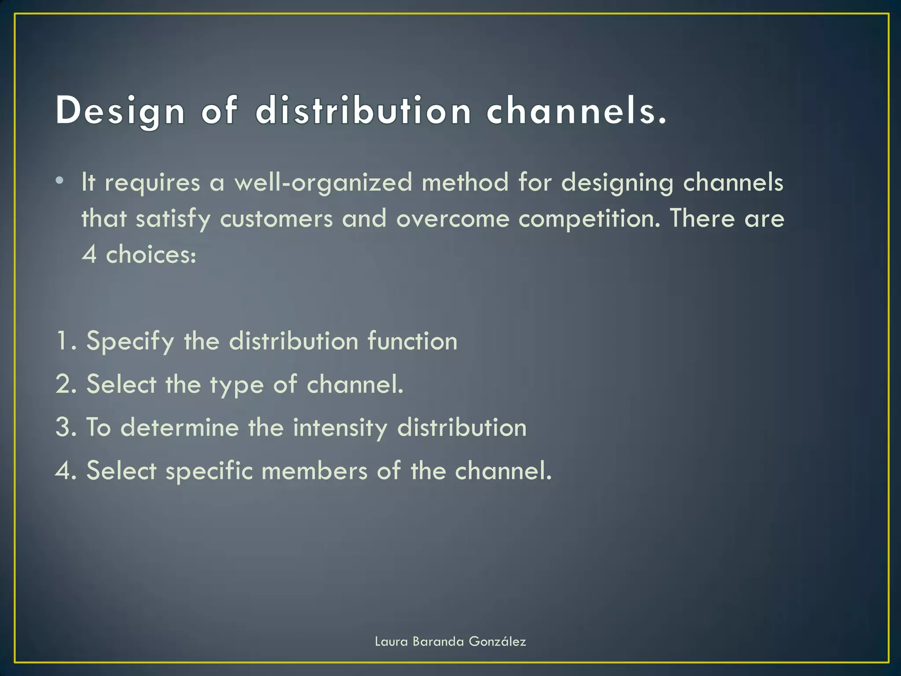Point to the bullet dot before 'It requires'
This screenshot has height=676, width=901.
(60, 180)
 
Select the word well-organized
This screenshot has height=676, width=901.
(323, 182)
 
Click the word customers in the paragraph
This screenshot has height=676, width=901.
(276, 219)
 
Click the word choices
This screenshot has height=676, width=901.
(151, 255)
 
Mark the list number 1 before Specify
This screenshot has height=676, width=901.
(63, 341)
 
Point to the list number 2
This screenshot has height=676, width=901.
(64, 384)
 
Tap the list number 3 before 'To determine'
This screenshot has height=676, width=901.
(64, 427)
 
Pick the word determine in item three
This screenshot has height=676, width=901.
(179, 427)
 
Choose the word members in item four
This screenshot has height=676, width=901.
(314, 470)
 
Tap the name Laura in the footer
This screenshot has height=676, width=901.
(391, 642)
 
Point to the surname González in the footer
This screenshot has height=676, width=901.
(497, 642)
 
